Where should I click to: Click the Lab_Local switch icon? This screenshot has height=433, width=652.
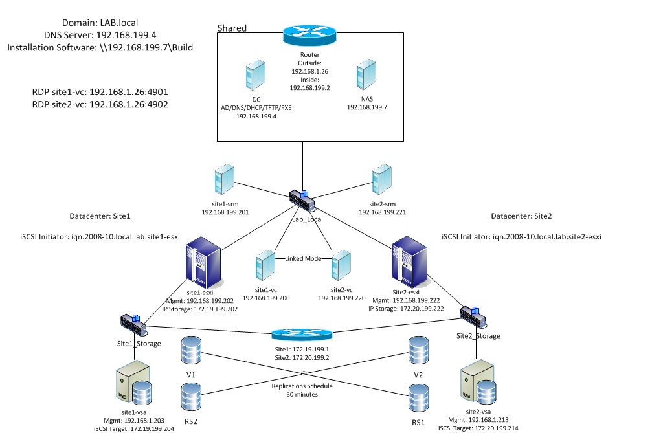coord(302,201)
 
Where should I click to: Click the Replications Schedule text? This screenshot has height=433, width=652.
coord(302,386)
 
